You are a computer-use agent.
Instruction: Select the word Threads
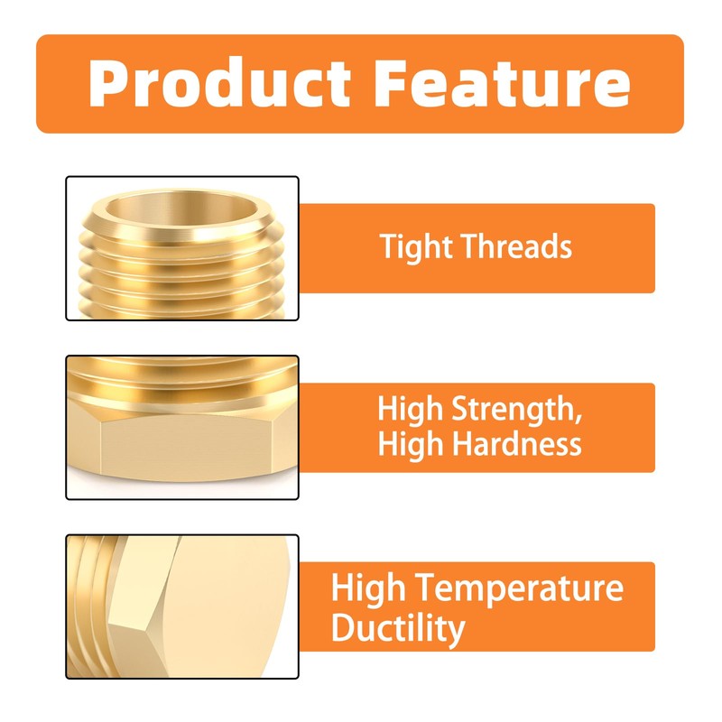coord(523,246)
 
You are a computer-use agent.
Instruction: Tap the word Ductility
coord(398,627)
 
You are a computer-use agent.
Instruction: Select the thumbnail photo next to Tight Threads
coord(182,248)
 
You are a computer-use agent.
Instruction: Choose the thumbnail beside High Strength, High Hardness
coord(182,428)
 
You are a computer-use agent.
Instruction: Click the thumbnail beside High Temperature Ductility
coord(182,606)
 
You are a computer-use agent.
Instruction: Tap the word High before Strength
coord(408,410)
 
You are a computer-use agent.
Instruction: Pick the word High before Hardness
coord(408,444)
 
